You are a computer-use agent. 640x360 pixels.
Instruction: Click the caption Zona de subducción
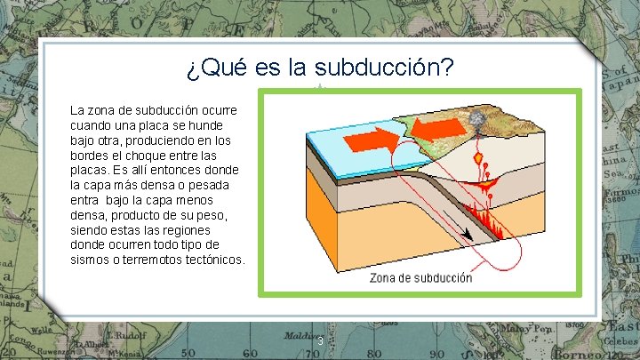pyautogui.click(x=420, y=277)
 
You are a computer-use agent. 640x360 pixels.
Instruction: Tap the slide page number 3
pyautogui.click(x=319, y=341)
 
